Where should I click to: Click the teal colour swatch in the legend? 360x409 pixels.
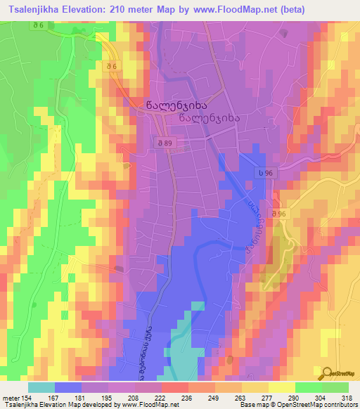point(41,387)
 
